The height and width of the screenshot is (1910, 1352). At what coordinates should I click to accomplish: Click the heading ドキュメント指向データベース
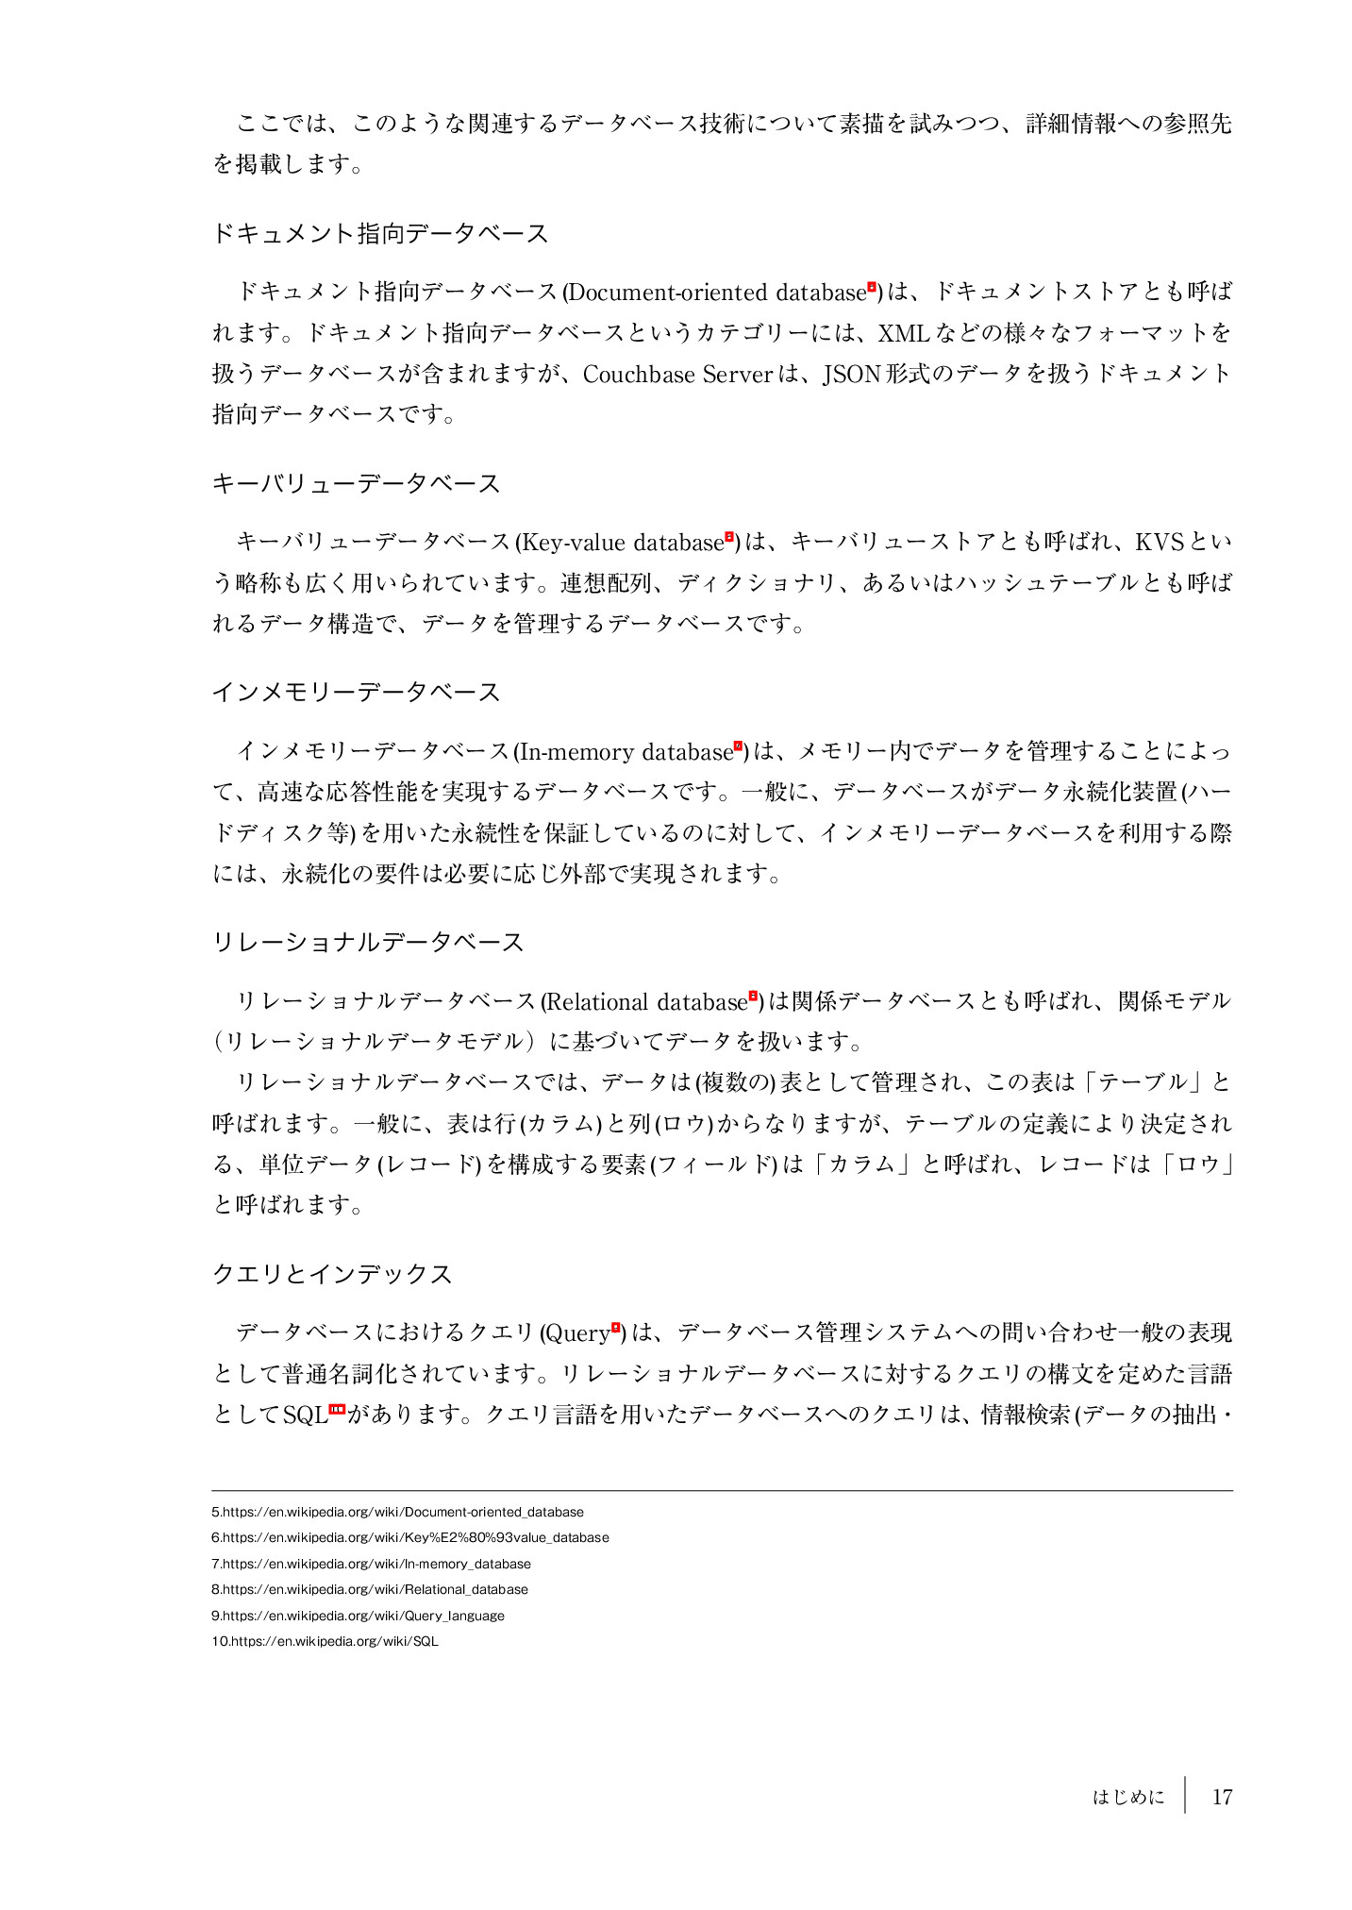point(380,234)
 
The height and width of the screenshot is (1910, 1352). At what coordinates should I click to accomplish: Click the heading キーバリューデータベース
point(356,484)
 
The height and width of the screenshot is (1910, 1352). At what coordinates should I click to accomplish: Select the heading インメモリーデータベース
point(356,693)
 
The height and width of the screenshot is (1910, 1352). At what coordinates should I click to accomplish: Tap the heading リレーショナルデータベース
point(368,943)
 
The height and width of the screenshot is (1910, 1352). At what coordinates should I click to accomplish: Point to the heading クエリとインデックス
point(332,1274)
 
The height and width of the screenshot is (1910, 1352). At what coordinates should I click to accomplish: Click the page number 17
point(1222,1797)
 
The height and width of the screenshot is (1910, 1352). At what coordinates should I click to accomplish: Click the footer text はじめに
point(1127,1797)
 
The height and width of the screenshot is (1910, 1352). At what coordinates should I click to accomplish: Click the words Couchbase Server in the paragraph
point(677,375)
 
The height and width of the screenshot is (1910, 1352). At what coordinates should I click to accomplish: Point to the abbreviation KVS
point(1159,543)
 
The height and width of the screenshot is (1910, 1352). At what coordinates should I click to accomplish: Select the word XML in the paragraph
point(904,333)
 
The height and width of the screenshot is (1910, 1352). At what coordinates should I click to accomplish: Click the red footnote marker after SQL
point(337,1410)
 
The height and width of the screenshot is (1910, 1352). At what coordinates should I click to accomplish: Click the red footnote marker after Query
point(615,1328)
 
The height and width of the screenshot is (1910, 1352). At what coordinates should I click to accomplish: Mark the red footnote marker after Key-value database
point(728,538)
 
